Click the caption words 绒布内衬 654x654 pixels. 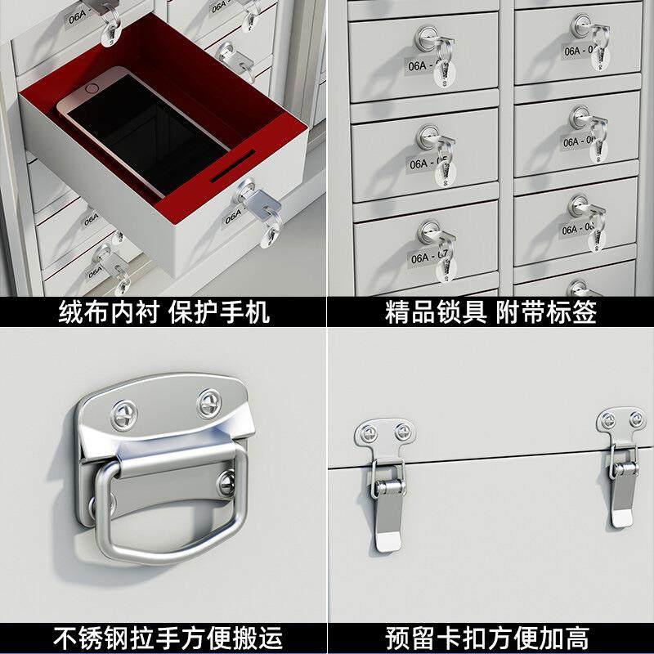pos(100,312)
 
